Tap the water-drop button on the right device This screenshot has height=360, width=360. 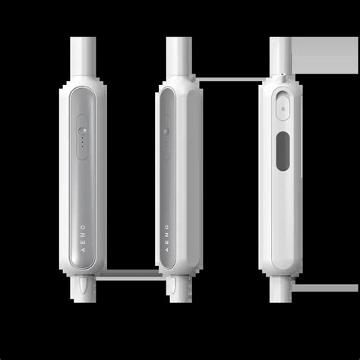tap(283, 108)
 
